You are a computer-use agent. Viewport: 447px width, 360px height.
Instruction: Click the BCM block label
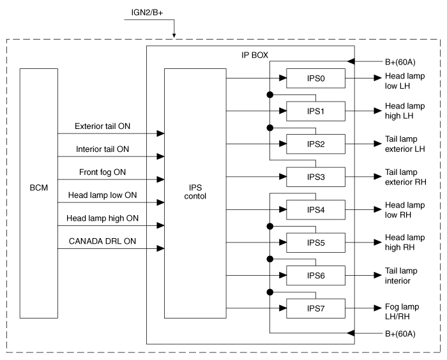tap(39, 188)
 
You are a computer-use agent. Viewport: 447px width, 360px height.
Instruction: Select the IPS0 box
tap(315, 78)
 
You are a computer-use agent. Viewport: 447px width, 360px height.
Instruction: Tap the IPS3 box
tap(315, 177)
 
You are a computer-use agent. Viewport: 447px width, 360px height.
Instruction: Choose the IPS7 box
tap(315, 308)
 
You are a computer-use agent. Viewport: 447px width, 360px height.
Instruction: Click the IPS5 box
tap(315, 243)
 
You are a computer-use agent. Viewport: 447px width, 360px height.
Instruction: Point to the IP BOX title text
tap(255, 55)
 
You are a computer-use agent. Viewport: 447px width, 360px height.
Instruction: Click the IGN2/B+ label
tap(147, 13)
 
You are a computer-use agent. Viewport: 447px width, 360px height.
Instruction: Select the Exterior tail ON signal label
tap(102, 126)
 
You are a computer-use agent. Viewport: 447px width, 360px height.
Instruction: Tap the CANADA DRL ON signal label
tap(102, 241)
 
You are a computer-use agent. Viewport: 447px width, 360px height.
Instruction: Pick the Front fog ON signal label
tap(102, 172)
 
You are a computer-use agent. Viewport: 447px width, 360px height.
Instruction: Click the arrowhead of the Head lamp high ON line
tap(160, 225)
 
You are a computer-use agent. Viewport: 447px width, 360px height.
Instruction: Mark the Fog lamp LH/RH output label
tap(402, 311)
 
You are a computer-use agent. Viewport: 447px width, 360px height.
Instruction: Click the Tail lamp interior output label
tap(401, 276)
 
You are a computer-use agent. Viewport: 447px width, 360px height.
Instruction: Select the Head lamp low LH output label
tap(405, 81)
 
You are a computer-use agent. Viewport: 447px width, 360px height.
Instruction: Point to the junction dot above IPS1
tap(269, 94)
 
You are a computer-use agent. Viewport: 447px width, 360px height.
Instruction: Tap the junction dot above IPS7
tap(269, 292)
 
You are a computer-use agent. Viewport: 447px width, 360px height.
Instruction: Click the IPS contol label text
tap(195, 192)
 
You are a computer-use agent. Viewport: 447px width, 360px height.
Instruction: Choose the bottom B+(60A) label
tap(400, 334)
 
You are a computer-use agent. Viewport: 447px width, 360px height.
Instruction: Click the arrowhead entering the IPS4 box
tap(283, 209)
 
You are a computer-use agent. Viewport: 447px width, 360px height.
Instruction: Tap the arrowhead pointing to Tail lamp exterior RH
tap(378, 177)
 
